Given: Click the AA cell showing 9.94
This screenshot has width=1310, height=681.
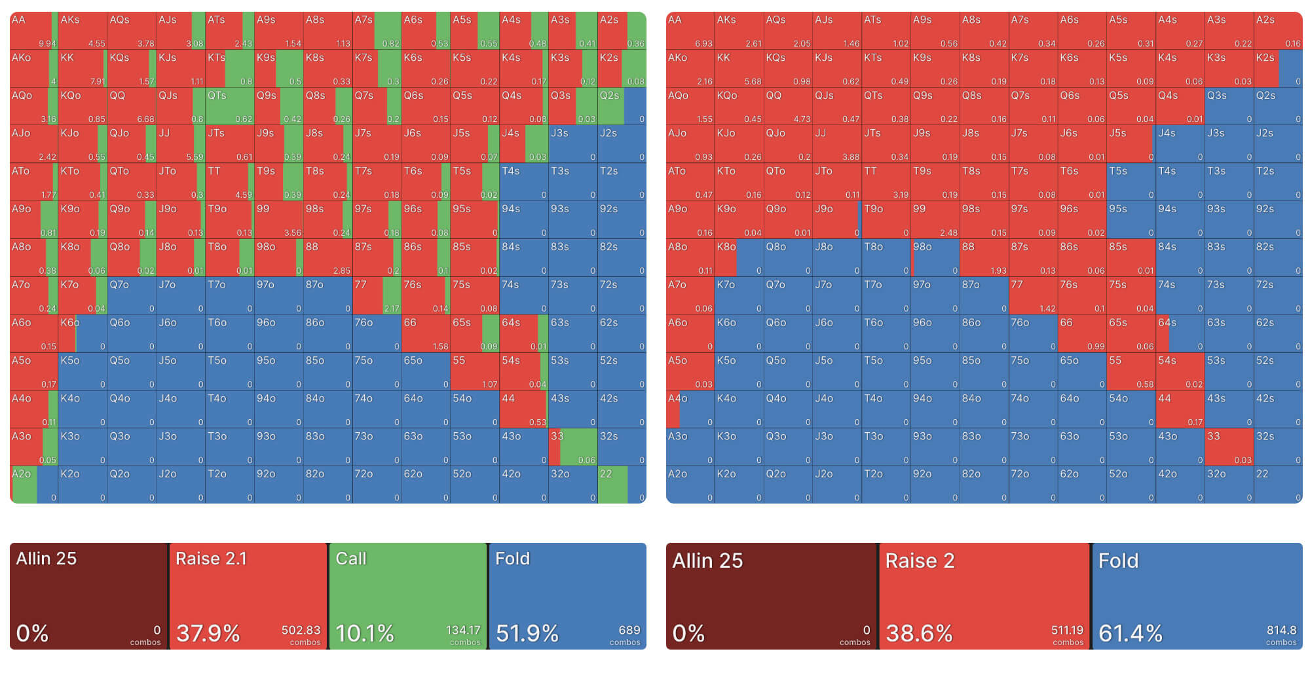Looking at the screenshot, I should tap(34, 30).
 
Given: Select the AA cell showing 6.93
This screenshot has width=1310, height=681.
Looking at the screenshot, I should tap(690, 30).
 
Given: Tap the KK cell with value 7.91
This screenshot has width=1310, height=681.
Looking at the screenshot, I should tap(83, 68).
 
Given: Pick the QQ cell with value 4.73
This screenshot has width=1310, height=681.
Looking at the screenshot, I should tap(788, 106).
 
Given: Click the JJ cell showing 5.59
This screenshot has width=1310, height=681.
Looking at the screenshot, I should tap(181, 144).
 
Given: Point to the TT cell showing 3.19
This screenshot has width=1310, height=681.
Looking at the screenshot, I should tap(886, 182).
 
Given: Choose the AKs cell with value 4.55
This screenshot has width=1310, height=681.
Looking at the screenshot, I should tap(83, 30).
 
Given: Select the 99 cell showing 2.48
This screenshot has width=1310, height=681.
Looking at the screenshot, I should tap(935, 220).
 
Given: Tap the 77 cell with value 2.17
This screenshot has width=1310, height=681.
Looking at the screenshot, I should tap(377, 295).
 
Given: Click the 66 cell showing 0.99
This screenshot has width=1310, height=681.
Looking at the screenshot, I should tap(1082, 333).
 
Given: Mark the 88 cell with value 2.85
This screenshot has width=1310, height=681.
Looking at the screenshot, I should tap(327, 257).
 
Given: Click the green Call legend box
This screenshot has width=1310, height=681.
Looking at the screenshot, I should tap(407, 596).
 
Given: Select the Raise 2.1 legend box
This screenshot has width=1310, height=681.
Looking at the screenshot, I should tap(248, 596).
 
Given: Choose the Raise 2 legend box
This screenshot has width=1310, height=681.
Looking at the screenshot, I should tap(984, 596).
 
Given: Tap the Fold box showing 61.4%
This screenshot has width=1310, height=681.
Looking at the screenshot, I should tap(1197, 596).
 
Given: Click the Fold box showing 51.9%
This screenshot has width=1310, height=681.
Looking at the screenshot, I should tap(567, 596).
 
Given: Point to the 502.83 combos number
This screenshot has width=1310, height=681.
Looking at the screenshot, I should tap(301, 630).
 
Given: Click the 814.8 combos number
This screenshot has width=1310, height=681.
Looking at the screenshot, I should tap(1281, 630).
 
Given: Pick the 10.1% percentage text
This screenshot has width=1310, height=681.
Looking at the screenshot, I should tap(365, 633).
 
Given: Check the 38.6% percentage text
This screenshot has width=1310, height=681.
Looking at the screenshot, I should tap(919, 633).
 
